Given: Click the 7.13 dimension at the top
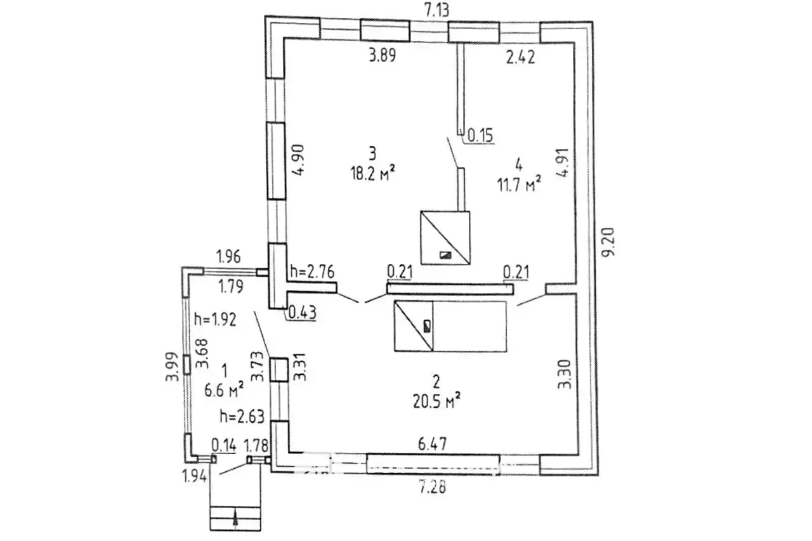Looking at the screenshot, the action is [x=436, y=11].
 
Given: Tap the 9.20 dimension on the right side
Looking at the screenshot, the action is [x=608, y=242].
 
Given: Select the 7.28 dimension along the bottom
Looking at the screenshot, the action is [x=433, y=487].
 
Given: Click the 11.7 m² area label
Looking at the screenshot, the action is [x=519, y=185].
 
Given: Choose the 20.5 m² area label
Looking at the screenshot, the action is [x=437, y=401].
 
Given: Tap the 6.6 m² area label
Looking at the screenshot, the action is [x=224, y=390].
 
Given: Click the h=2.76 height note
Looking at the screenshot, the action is [x=312, y=271].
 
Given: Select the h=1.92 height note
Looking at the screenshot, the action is [x=215, y=320].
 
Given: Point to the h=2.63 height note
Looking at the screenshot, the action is [x=242, y=417].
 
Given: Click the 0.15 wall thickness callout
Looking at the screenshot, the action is [x=480, y=136].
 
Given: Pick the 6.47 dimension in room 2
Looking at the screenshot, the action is [x=433, y=444].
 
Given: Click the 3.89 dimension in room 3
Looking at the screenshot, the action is [x=383, y=56].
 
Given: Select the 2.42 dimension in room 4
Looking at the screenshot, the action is [x=521, y=58].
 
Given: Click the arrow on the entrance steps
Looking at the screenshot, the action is [x=236, y=519].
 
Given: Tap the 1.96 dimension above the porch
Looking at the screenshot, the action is [x=228, y=257].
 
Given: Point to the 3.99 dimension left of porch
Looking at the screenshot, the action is [x=172, y=367].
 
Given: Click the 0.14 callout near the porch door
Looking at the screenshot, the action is [x=224, y=445].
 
